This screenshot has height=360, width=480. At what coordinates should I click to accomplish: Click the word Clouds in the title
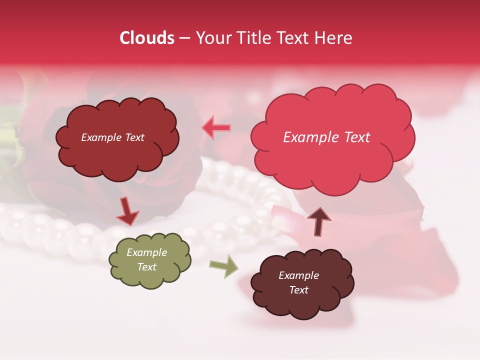coord(147,38)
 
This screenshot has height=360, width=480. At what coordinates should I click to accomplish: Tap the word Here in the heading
coord(333,38)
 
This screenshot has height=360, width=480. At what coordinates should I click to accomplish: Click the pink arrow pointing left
coord(216,127)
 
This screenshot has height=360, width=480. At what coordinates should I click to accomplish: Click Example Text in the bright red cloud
coord(326,137)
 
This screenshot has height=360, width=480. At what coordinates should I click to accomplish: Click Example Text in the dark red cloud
coord(112,137)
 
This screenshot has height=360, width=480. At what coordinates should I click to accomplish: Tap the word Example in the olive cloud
coord(146,252)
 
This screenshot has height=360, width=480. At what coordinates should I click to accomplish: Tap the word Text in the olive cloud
coord(146,267)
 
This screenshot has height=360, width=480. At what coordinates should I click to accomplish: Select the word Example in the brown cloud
coord(298,275)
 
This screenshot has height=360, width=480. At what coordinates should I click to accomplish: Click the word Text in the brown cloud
coord(298,290)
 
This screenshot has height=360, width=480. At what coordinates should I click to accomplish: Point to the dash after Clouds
coord(184,38)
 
